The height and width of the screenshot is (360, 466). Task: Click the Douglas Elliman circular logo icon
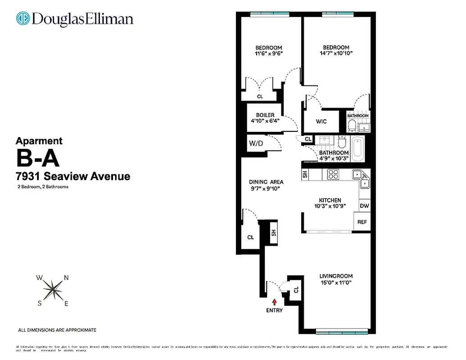[22, 19]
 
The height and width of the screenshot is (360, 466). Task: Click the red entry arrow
[275, 304]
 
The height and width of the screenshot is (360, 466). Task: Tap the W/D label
[255, 144]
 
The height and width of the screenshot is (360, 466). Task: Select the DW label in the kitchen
[364, 206]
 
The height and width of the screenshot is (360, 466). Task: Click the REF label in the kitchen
[362, 222]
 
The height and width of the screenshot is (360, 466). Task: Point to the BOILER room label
[265, 115]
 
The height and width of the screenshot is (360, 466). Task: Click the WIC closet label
[321, 121]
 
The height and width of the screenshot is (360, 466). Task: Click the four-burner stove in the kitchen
[333, 174]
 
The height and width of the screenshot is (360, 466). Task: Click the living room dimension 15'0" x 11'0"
[336, 283]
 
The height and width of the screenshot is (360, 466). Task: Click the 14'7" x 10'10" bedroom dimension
[336, 53]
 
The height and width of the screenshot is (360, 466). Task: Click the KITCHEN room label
[330, 200]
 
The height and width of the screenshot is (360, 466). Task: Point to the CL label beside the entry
[296, 290]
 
